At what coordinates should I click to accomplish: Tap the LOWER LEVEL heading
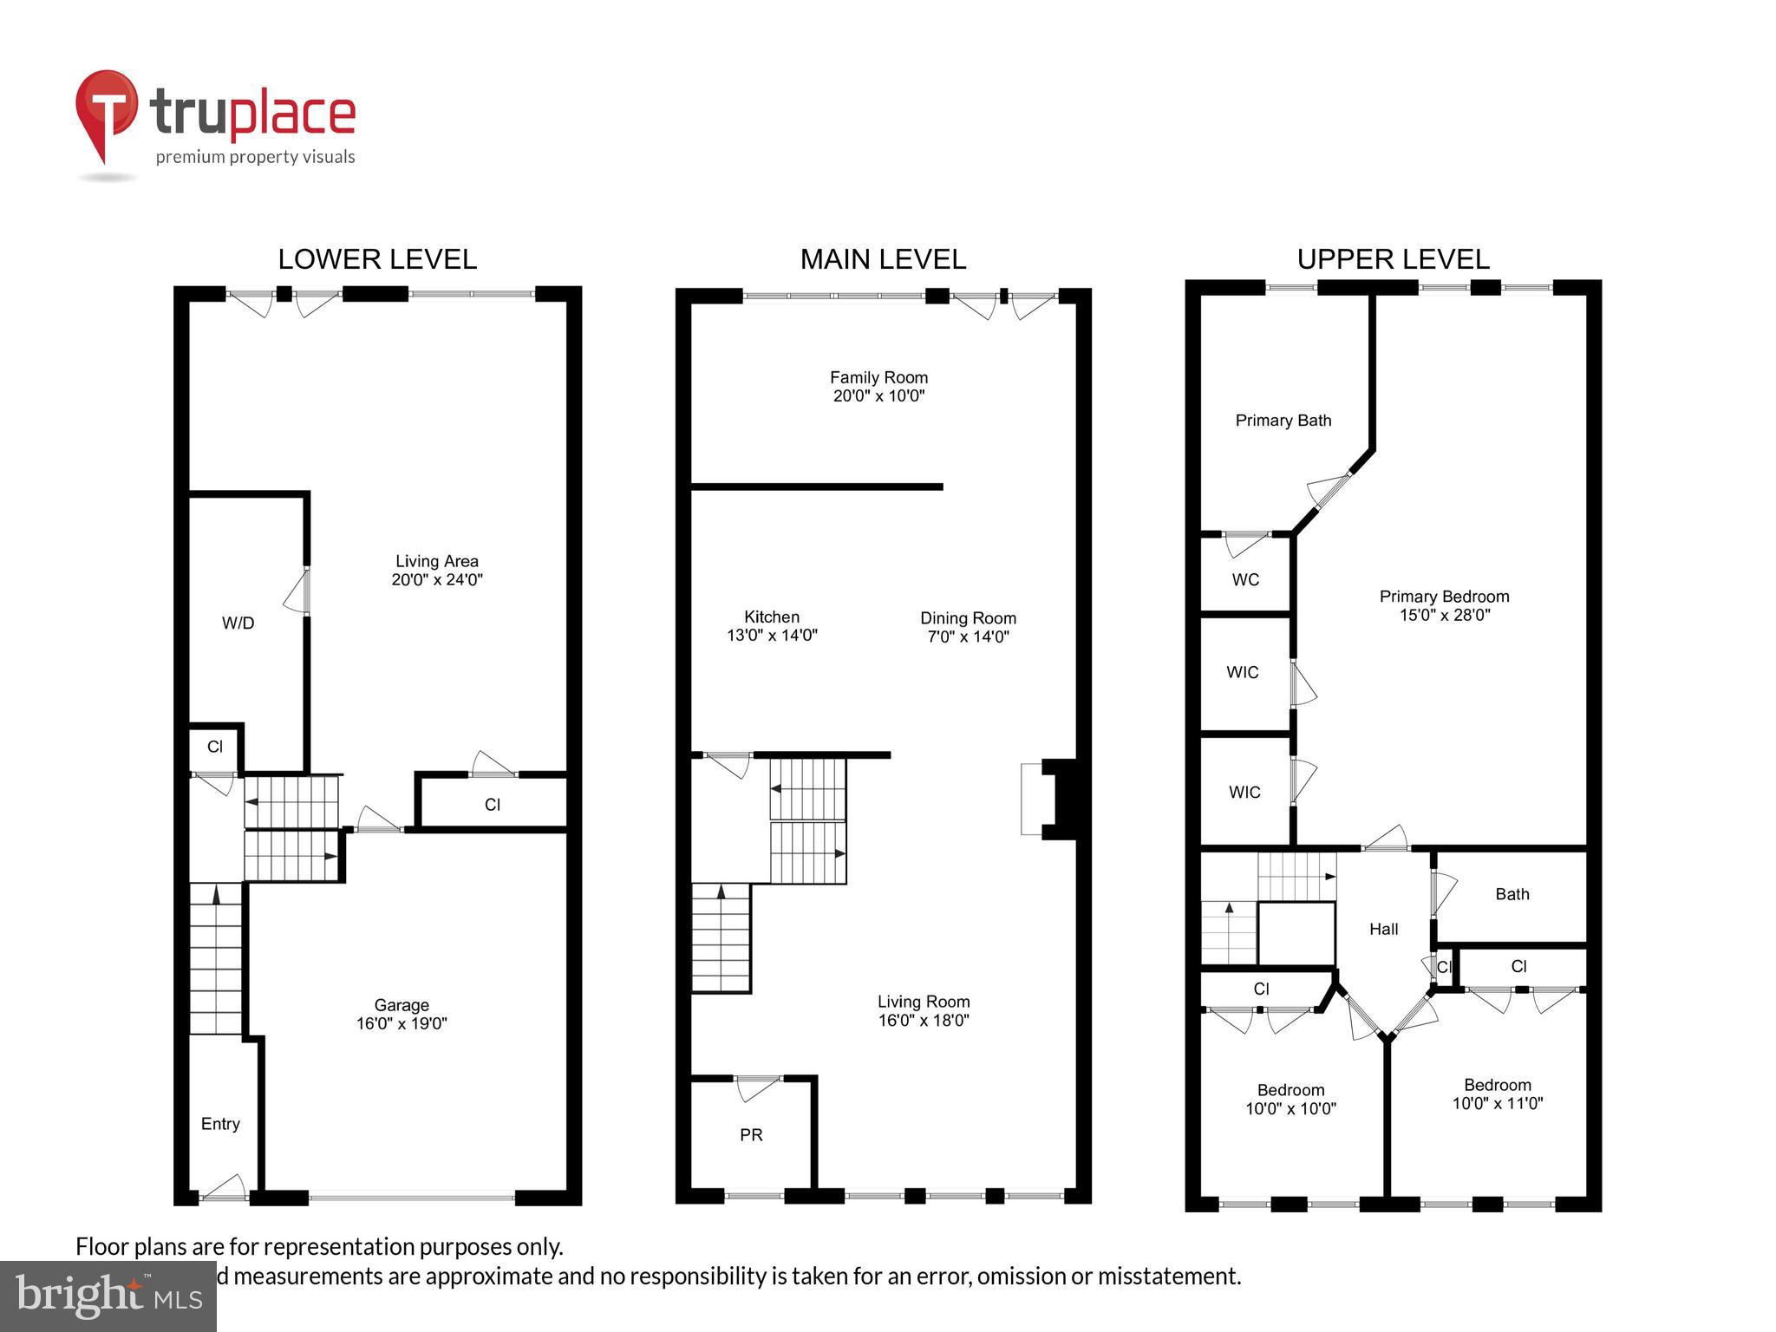point(377,259)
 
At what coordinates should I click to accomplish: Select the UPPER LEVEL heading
point(1393,259)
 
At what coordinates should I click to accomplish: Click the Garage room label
point(402,1014)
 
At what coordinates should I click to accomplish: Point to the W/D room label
point(238,623)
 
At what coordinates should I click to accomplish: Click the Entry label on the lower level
point(220,1124)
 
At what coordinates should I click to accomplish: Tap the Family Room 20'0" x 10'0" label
point(878,387)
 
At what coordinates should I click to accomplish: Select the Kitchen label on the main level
point(772,617)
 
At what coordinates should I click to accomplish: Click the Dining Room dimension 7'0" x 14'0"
point(968,637)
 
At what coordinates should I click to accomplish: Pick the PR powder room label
point(751,1135)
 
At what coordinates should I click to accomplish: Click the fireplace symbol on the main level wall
point(1049,800)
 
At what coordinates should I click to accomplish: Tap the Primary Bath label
point(1283,421)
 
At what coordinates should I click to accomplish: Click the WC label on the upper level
point(1245,579)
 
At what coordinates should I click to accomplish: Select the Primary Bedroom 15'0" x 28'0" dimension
point(1444,616)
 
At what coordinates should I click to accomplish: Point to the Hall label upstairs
point(1383,930)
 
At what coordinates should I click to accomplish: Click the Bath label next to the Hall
point(1512,894)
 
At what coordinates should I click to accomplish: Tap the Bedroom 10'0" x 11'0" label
point(1498,1094)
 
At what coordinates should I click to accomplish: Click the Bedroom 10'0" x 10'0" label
point(1290,1100)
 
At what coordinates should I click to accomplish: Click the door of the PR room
point(757,1087)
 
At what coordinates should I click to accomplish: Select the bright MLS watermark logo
point(108,1296)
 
